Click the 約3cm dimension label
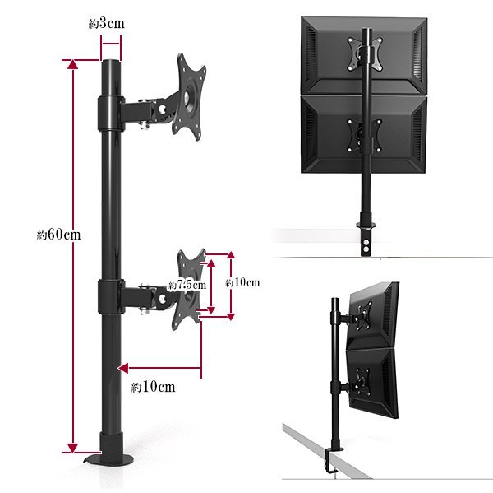pyautogui.click(x=106, y=24)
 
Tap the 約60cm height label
pyautogui.click(x=59, y=235)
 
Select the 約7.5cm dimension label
pyautogui.click(x=187, y=285)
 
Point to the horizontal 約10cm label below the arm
pyautogui.click(x=153, y=387)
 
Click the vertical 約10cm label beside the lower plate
pyautogui.click(x=242, y=282)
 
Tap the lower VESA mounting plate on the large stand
pyautogui.click(x=189, y=289)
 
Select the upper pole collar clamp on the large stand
pyautogui.click(x=110, y=113)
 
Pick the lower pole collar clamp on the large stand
pyautogui.click(x=110, y=297)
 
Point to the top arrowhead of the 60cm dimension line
pyautogui.click(x=73, y=64)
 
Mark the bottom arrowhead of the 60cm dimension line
pyautogui.click(x=72, y=448)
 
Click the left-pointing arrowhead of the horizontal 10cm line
pyautogui.click(x=123, y=368)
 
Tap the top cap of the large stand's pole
pyautogui.click(x=111, y=61)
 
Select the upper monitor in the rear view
pyautogui.click(x=364, y=55)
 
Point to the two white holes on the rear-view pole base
pyautogui.click(x=366, y=246)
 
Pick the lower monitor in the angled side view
pyautogui.click(x=372, y=383)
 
